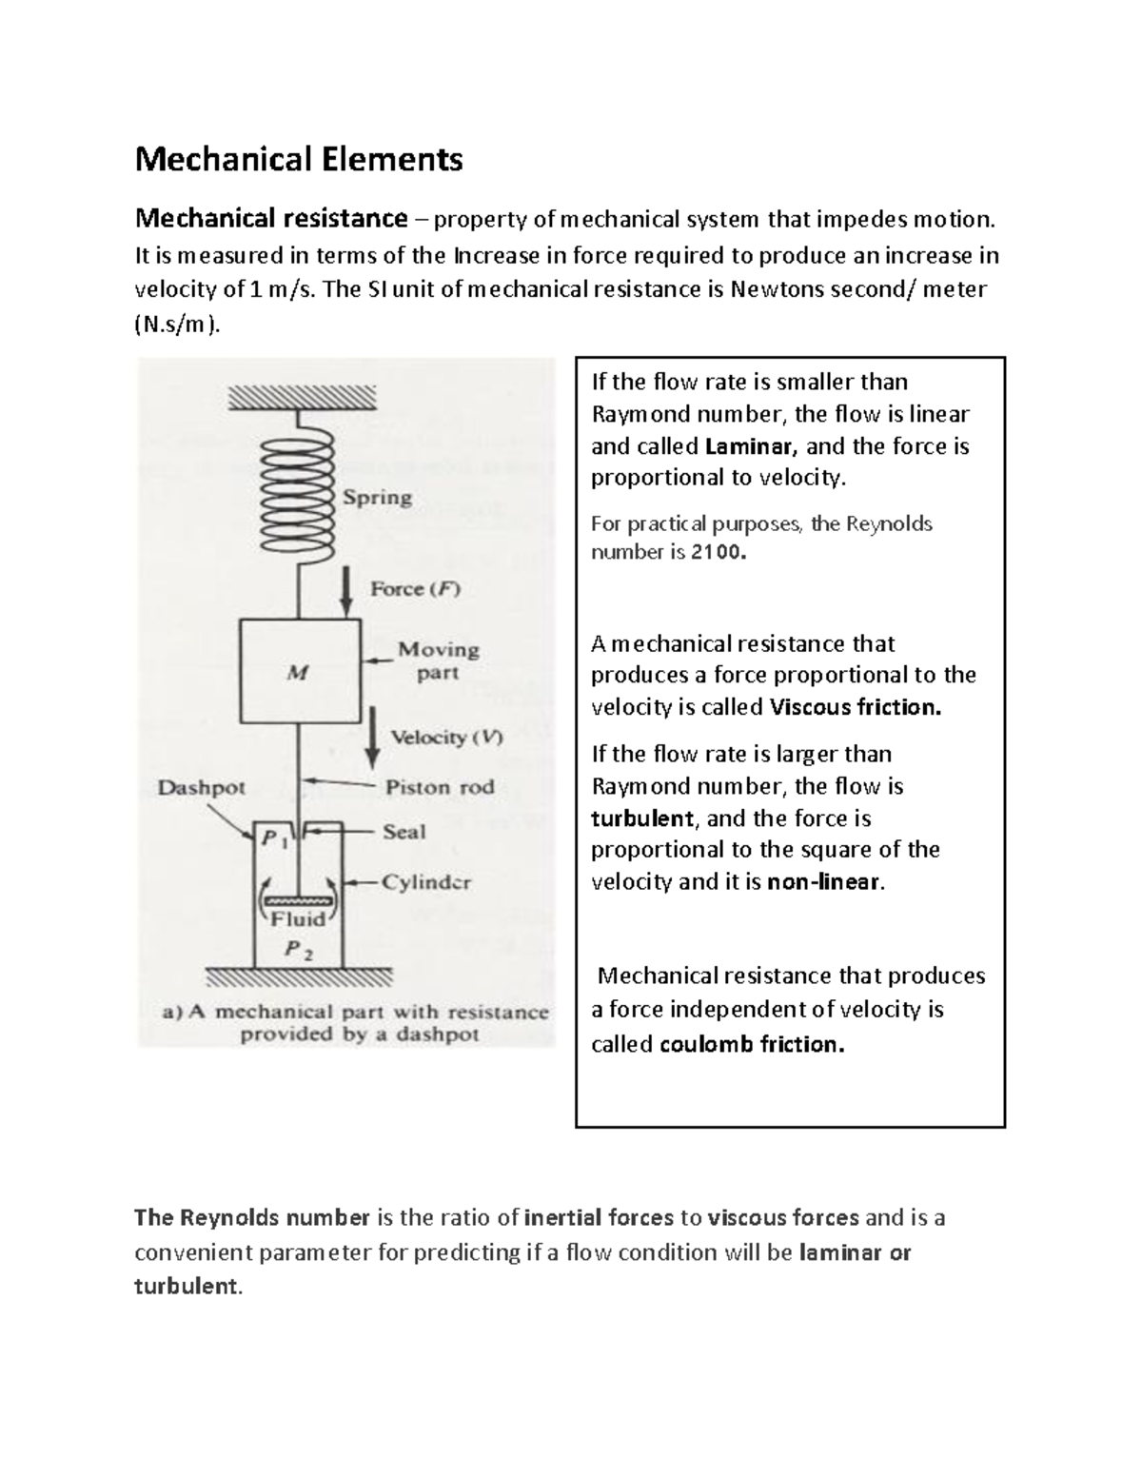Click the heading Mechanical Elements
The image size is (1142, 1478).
(x=298, y=159)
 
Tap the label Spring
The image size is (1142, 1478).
(x=377, y=498)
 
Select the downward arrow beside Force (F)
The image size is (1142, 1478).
(x=348, y=591)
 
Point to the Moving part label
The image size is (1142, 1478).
(x=438, y=660)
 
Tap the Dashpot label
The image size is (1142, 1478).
(x=201, y=788)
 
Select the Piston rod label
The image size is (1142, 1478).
(x=440, y=787)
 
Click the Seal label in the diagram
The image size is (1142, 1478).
(x=404, y=832)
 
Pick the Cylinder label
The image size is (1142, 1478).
(x=426, y=882)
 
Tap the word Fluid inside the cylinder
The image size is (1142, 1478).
(x=298, y=919)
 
